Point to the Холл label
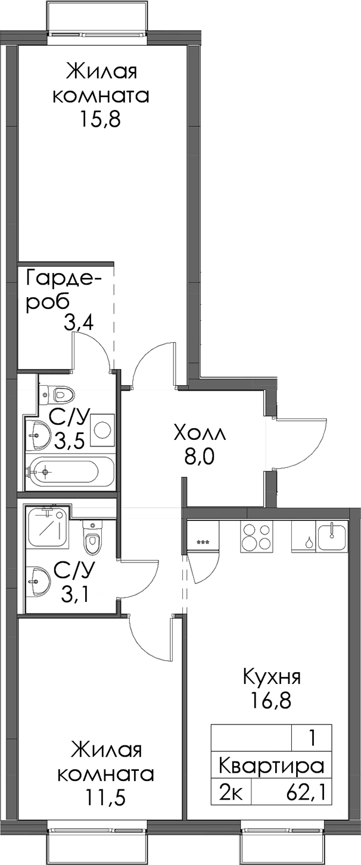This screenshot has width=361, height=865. pos(200,435)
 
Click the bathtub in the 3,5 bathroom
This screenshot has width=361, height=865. pos(70,472)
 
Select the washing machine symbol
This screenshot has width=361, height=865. pos(102,430)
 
